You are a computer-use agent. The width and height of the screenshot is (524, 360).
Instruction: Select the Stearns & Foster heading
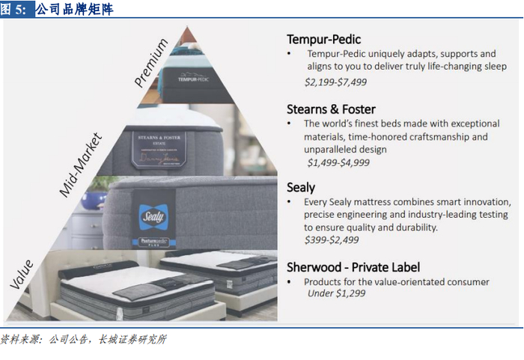pos(331,109)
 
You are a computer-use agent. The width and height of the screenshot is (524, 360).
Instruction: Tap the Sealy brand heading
pos(301,187)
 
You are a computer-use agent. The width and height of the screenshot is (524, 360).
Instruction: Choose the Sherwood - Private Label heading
pos(353,267)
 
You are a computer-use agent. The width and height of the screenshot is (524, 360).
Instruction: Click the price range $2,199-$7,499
pos(335,82)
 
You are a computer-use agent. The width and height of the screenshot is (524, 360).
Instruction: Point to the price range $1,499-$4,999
pos(338,162)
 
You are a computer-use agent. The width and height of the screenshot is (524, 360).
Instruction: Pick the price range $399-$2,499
pos(332,240)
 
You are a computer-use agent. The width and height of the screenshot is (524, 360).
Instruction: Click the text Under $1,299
pos(338,293)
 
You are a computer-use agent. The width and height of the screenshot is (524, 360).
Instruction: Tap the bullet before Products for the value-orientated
pos(290,282)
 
